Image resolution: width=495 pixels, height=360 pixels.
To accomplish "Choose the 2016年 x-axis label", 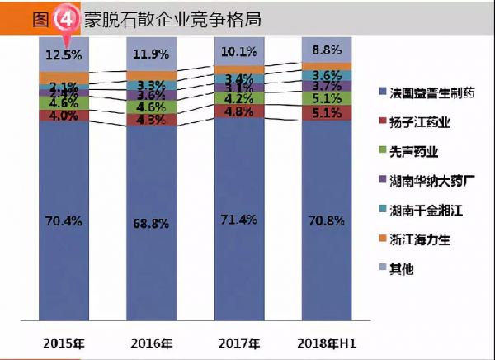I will tap(150, 342).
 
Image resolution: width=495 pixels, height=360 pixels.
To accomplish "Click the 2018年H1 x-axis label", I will tap(325, 342).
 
